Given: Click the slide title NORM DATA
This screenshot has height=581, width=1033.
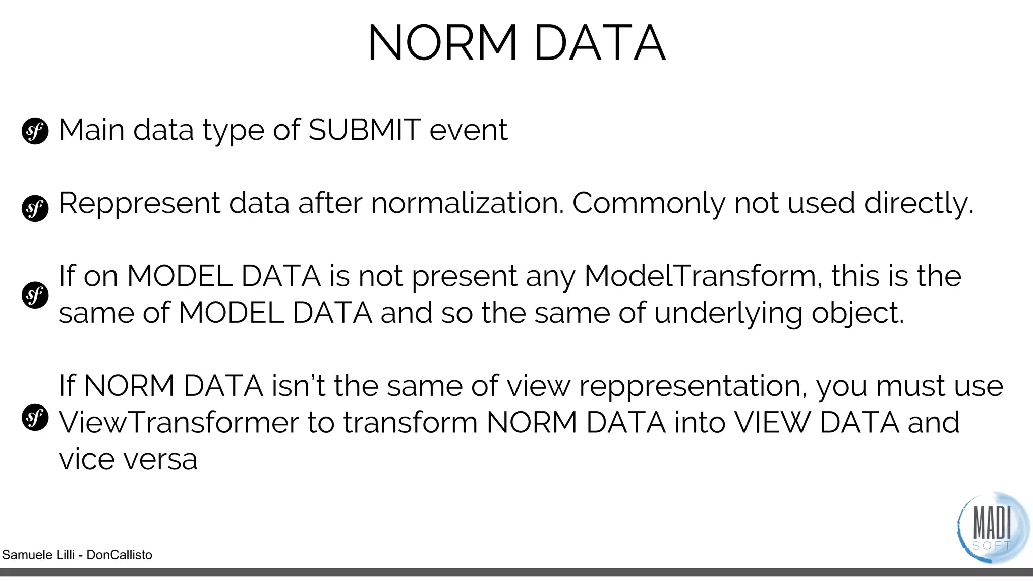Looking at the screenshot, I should (516, 43).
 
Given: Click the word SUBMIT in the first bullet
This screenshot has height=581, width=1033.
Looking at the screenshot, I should (364, 130).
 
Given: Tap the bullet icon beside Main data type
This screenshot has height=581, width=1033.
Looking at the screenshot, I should (35, 131).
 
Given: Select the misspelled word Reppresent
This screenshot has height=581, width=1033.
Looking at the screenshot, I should (139, 204).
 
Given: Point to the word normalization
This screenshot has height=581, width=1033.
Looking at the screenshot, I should (467, 203).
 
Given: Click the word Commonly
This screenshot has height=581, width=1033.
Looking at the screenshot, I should (648, 204).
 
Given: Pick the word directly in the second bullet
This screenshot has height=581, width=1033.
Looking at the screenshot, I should (919, 204).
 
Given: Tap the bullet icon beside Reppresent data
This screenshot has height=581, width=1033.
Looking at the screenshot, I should (35, 208).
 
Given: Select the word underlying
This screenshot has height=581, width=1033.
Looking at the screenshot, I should (728, 314).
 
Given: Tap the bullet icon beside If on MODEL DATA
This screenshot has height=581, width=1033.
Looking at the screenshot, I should (35, 295).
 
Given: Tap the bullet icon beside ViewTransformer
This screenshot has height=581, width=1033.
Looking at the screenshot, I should (35, 418).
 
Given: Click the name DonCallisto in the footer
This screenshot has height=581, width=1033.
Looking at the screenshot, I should (119, 555).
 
